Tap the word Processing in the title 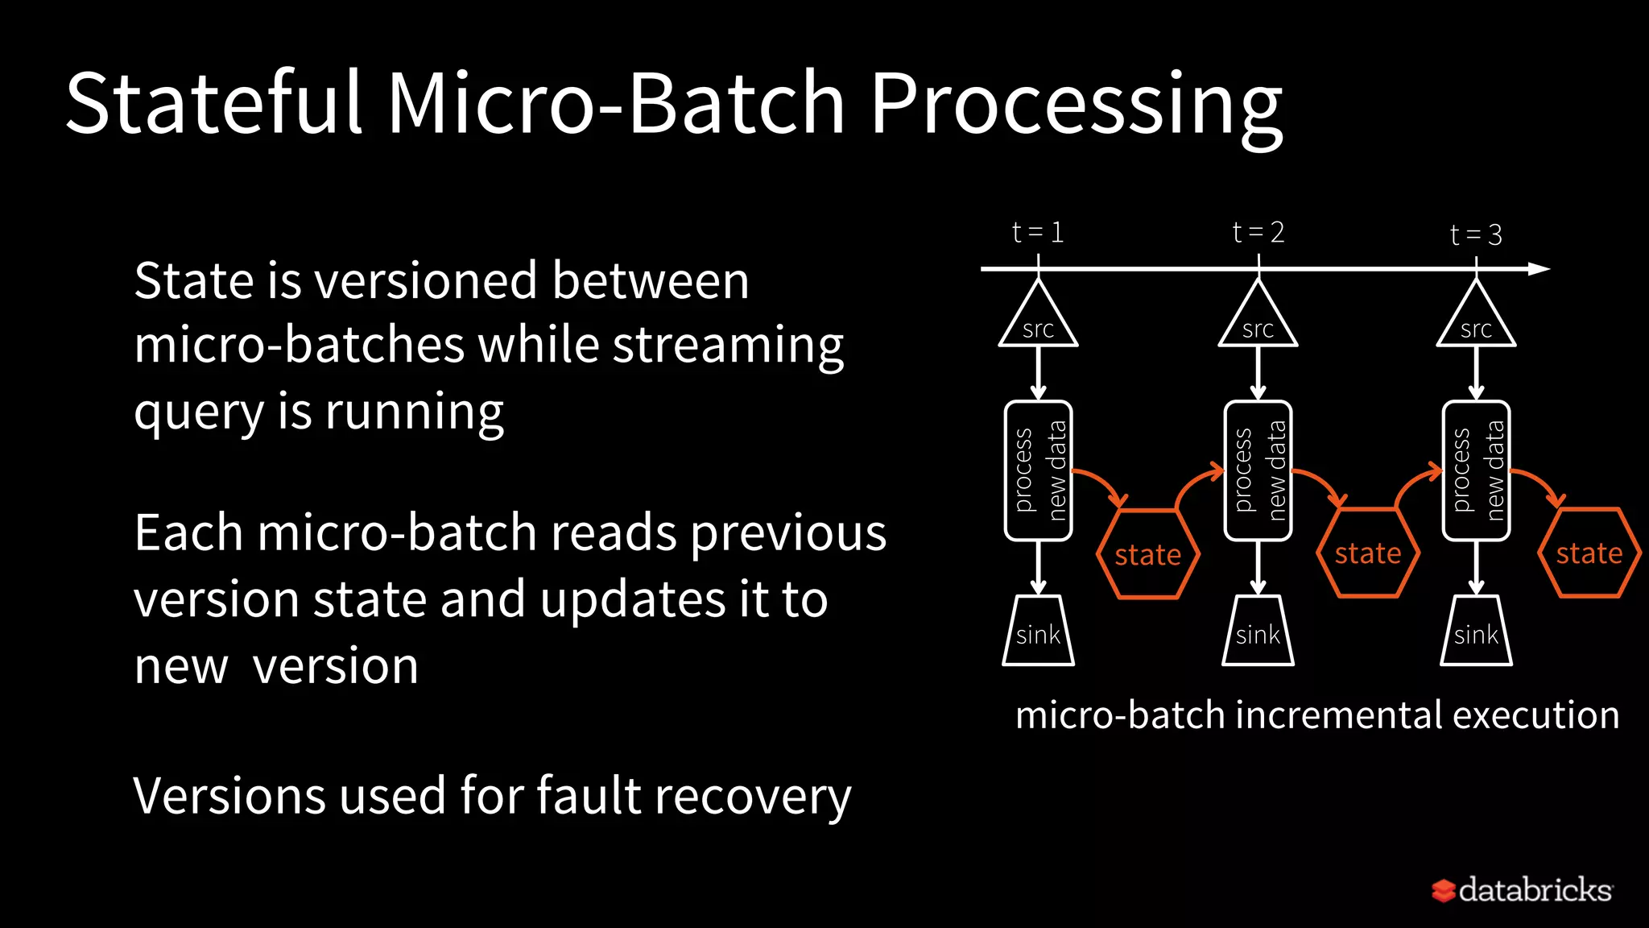pos(1077,105)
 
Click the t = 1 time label pos(1038,233)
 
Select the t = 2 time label pos(1258,233)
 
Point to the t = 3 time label pos(1476,234)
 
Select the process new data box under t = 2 pos(1258,470)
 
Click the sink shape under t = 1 pos(1038,632)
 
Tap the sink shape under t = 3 pos(1476,632)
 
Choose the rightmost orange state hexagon pos(1589,553)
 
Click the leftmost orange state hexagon pos(1148,554)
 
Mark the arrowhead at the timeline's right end pos(1539,269)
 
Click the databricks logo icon pos(1443,890)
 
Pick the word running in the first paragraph pos(414,412)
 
